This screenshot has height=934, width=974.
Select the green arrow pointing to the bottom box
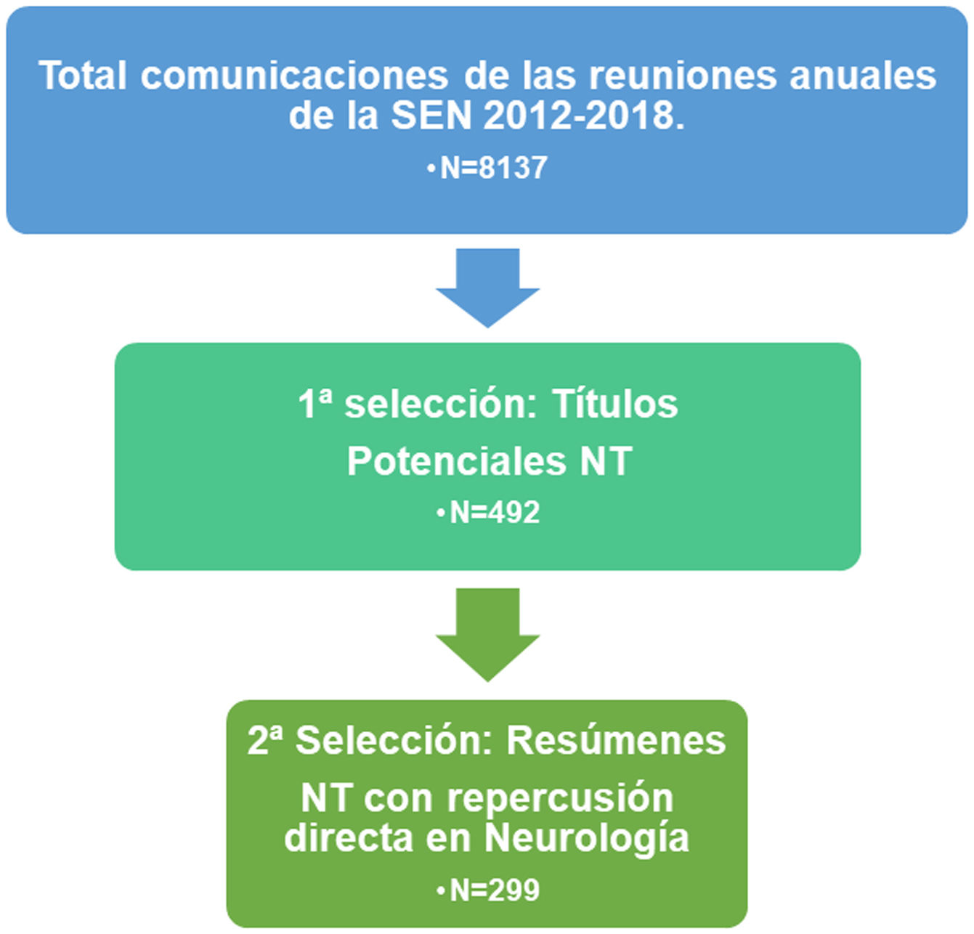487,632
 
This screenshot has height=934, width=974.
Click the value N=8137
493,168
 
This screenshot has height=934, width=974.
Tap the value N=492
495,513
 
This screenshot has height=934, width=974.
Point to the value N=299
495,890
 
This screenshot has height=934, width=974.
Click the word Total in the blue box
82,76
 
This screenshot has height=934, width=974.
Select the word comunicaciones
294,76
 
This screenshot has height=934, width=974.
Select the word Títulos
614,404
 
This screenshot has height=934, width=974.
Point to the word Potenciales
456,461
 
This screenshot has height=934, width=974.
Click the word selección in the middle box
439,404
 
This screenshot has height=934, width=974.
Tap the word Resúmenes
616,741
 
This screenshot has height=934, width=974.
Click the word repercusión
560,798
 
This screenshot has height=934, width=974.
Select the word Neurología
586,837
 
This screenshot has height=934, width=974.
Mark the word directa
349,837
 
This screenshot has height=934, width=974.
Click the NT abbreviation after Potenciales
605,461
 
